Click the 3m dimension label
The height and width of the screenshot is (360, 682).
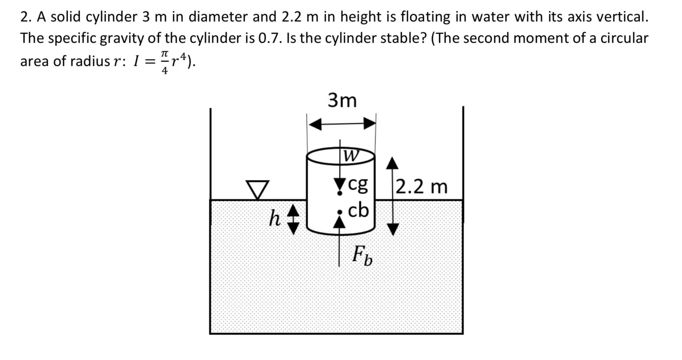tap(342, 100)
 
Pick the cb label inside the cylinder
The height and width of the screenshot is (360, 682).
tap(358, 210)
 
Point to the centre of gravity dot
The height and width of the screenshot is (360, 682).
tap(340, 194)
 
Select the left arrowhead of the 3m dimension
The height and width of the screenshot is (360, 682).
tap(315, 125)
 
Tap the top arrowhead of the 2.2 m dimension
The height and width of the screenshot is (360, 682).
tap(392, 164)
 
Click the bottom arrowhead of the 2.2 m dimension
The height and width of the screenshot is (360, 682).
tap(393, 229)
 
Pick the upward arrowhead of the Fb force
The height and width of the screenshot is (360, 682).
tap(339, 222)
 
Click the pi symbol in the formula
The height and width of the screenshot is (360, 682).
tap(164, 54)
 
